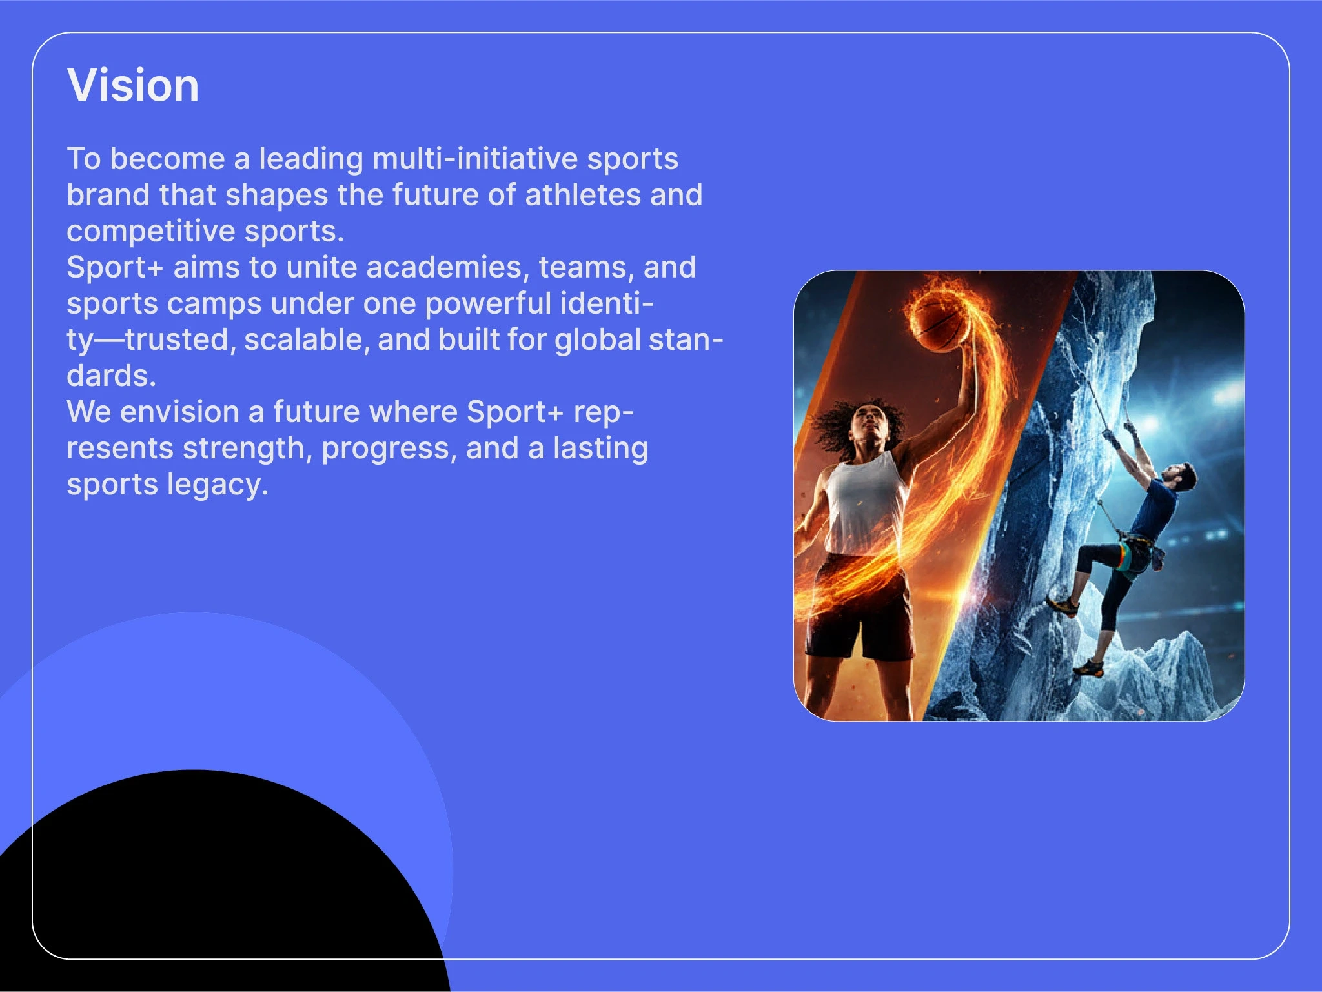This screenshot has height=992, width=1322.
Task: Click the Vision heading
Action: click(x=133, y=85)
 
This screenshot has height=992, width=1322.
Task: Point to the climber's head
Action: click(x=1183, y=477)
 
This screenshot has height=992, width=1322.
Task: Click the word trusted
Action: click(x=178, y=340)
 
